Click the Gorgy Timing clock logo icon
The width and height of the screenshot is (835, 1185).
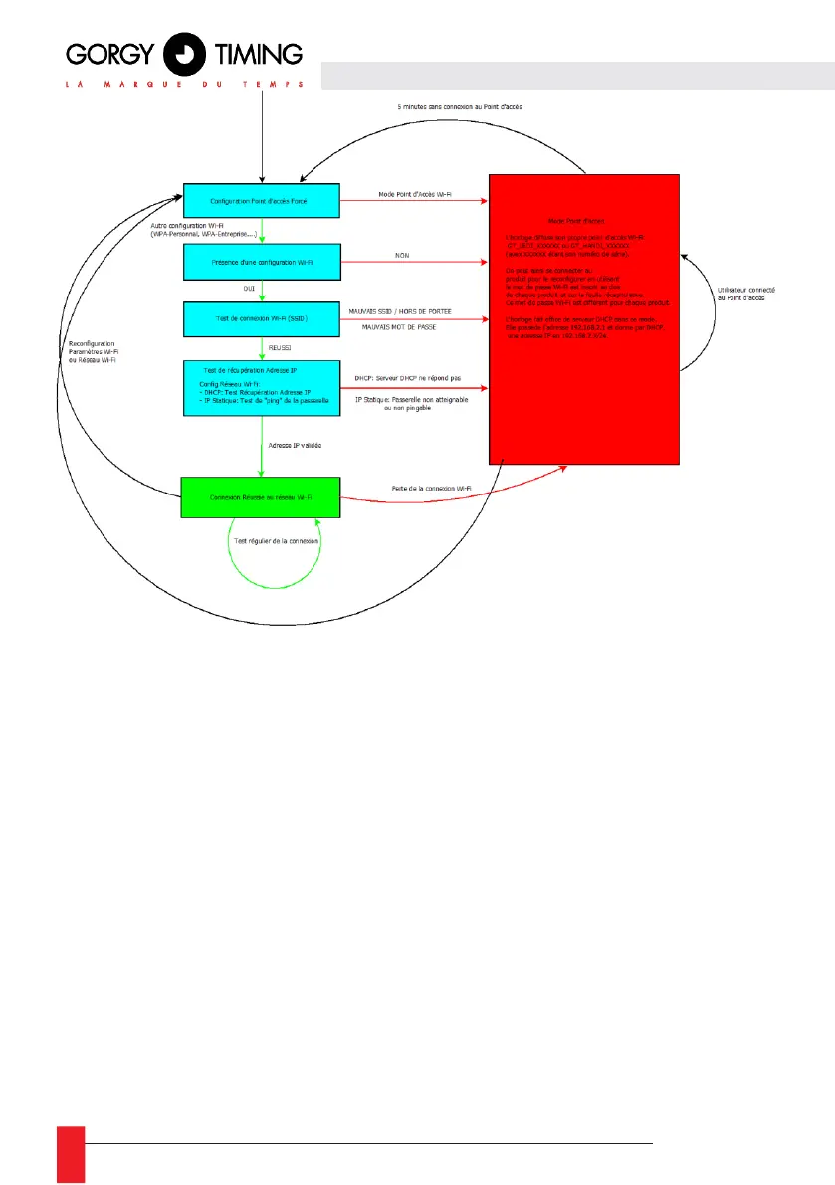[183, 53]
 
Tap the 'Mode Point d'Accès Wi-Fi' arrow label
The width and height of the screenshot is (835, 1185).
[414, 194]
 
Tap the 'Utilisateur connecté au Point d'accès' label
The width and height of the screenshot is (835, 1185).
[745, 295]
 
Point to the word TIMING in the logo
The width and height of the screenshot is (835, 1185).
[256, 52]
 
